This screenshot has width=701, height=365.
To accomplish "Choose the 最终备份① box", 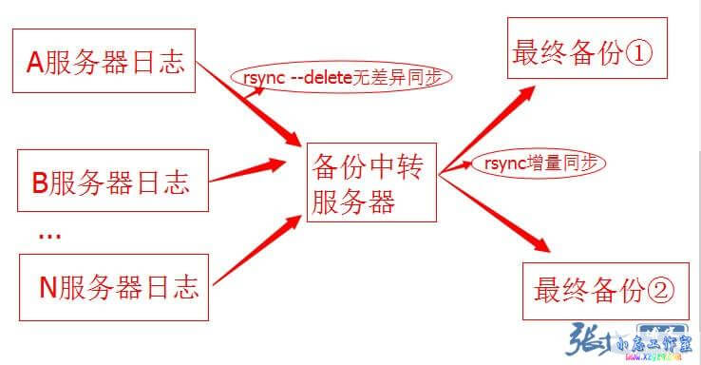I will click(x=581, y=52).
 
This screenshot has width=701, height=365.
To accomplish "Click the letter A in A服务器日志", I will click(x=35, y=63).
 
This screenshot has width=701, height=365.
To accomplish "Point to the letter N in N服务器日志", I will click(x=48, y=286).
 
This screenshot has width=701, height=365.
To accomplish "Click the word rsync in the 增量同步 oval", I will click(x=500, y=163).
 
